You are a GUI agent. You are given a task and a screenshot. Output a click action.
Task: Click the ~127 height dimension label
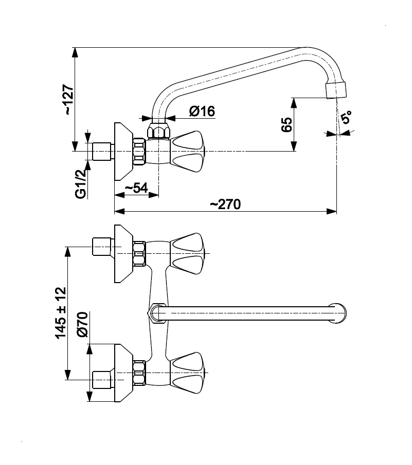click(x=68, y=100)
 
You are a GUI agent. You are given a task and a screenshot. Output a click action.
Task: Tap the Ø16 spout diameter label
click(x=202, y=111)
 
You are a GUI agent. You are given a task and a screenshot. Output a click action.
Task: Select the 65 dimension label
click(x=286, y=124)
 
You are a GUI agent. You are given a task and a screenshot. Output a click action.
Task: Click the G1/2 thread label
click(x=81, y=184)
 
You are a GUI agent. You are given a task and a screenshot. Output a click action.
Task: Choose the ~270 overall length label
click(x=225, y=204)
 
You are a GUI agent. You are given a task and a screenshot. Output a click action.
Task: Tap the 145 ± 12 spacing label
click(x=60, y=312)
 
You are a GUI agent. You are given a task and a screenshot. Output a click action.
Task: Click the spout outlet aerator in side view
click(x=336, y=90)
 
